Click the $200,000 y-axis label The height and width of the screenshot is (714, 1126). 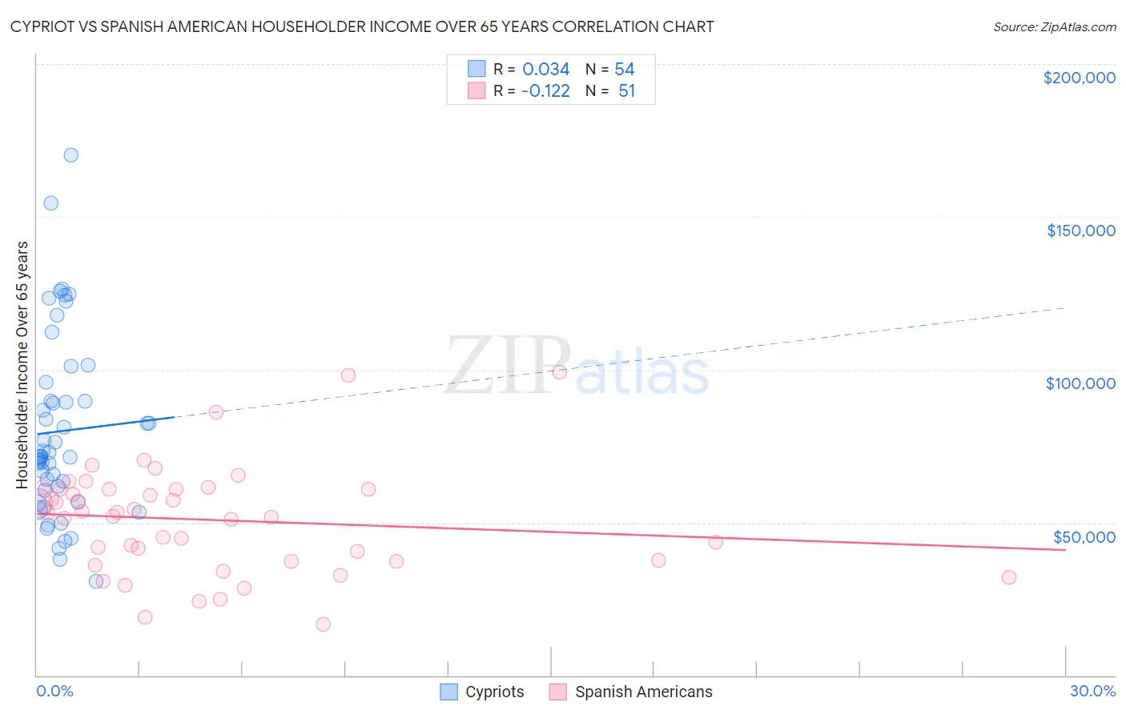tap(1079, 78)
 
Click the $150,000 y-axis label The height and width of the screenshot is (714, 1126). tap(1080, 231)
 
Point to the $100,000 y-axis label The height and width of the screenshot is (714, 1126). tap(1080, 383)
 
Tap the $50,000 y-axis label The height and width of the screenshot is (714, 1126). tap(1084, 536)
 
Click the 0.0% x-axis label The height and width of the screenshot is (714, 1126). tap(54, 691)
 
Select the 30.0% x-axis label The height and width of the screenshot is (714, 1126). tap(1092, 691)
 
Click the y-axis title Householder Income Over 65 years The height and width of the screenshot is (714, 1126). tap(22, 364)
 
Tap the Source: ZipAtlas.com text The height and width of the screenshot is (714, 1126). tap(1054, 26)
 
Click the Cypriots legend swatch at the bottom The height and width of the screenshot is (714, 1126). tap(449, 692)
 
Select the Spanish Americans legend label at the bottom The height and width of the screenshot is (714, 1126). tap(643, 692)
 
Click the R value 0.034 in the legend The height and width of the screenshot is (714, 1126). tap(545, 70)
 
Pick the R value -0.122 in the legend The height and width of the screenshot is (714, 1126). tap(545, 91)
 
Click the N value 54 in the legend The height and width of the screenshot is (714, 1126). tap(625, 70)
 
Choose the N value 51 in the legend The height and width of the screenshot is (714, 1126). tap(626, 91)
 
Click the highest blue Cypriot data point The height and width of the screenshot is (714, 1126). tap(71, 155)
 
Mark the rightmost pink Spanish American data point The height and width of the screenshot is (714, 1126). tap(1009, 577)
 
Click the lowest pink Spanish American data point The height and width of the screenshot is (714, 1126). tap(324, 624)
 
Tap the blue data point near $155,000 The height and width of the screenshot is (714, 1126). tap(51, 203)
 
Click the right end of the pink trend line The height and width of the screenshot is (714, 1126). tap(1065, 550)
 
